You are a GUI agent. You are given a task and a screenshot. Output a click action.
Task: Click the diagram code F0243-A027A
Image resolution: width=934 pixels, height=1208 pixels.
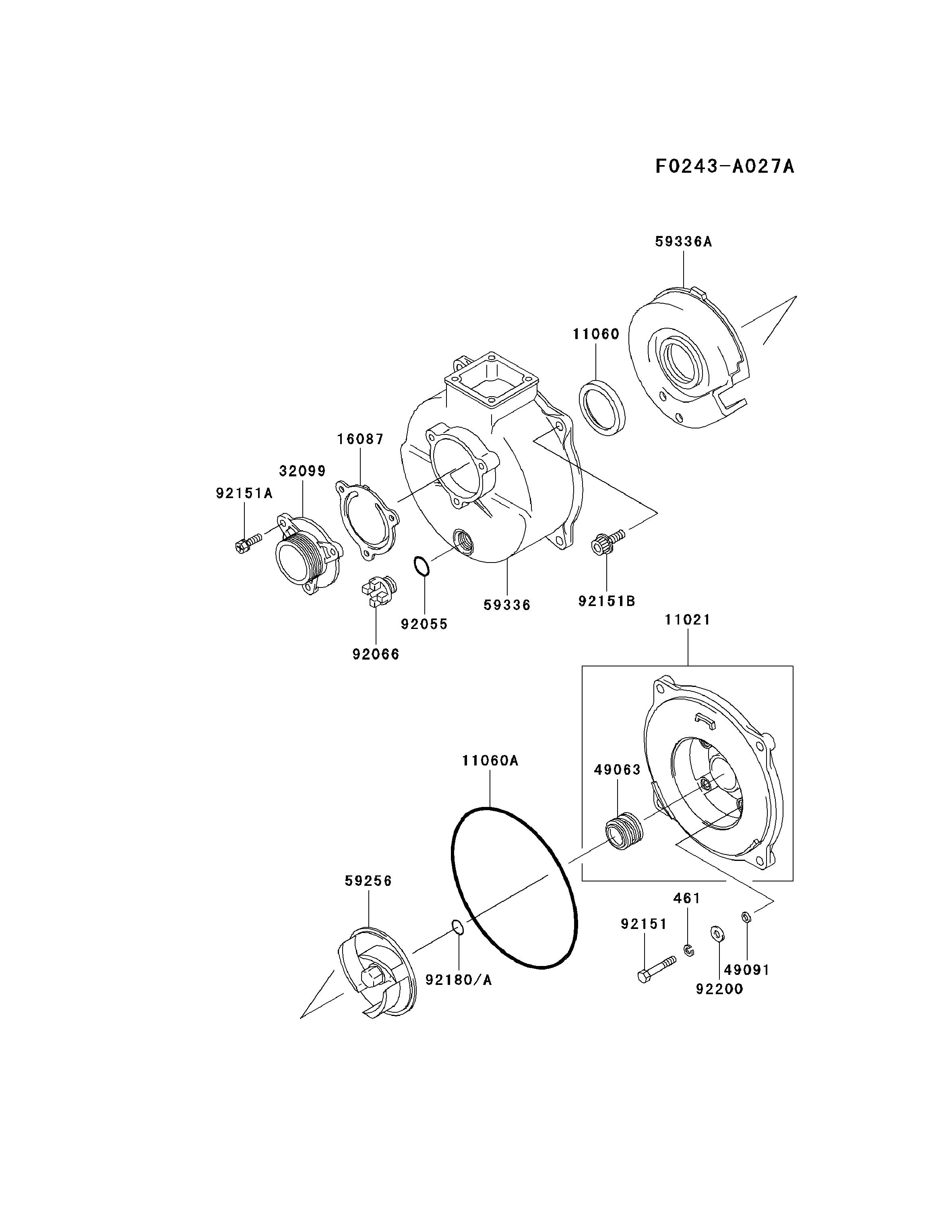724,166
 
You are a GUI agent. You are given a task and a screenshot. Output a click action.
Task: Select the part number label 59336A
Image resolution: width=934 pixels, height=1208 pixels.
684,242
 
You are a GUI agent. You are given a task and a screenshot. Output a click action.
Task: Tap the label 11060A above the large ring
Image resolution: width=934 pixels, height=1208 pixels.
490,761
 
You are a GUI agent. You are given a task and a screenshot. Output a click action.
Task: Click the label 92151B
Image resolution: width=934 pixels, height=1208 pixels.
607,601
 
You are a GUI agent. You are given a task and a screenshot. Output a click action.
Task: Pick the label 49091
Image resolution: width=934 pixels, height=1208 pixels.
746,970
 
